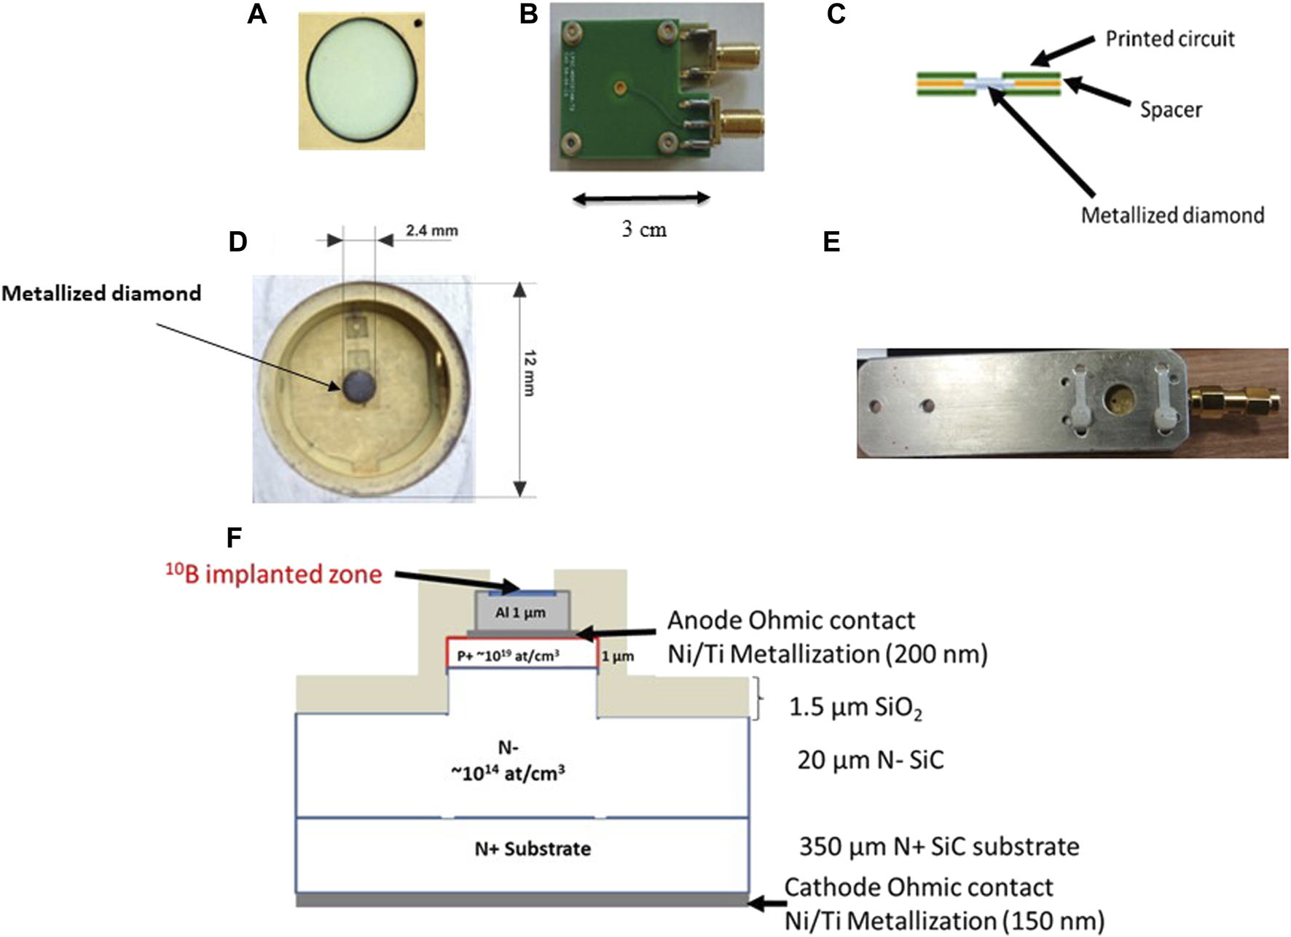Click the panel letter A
256,14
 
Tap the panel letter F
234,538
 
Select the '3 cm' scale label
644,230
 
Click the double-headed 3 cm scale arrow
641,198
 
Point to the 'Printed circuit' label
1169,39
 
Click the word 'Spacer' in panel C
1170,110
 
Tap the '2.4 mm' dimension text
432,231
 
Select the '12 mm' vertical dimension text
530,373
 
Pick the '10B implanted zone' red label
274,575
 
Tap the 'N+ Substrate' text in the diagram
533,849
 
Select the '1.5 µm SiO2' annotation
855,707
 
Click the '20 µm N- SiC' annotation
870,761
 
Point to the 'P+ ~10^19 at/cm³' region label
508,656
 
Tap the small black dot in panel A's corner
418,23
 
